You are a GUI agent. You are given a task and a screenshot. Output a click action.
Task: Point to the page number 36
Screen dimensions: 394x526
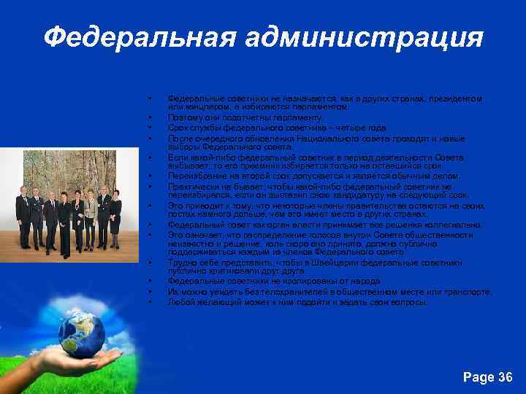pyautogui.click(x=488, y=377)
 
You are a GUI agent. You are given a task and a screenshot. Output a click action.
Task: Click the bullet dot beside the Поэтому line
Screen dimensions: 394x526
pyautogui.click(x=148, y=117)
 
